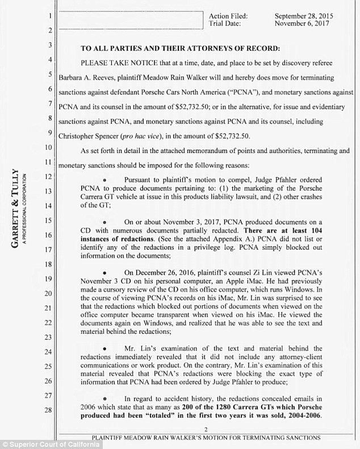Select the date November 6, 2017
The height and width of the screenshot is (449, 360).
click(302, 23)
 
